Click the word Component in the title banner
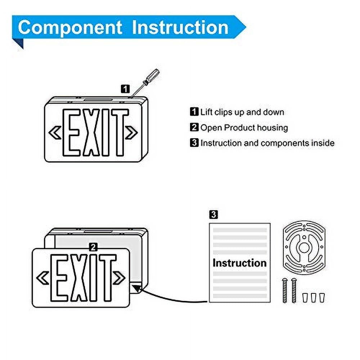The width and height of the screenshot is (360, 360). click(70, 27)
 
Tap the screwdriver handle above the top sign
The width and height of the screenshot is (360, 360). click(152, 77)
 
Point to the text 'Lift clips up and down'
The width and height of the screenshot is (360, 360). click(242, 112)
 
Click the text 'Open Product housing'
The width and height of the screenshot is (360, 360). click(244, 127)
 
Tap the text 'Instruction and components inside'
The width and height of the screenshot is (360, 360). click(267, 143)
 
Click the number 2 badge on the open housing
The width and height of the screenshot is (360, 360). click(94, 247)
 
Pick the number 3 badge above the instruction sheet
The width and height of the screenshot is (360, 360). click(213, 215)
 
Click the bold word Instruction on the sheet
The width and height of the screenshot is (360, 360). click(239, 262)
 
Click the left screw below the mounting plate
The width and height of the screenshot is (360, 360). click(285, 290)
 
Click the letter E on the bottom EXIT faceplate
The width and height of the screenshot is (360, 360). click(60, 278)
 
